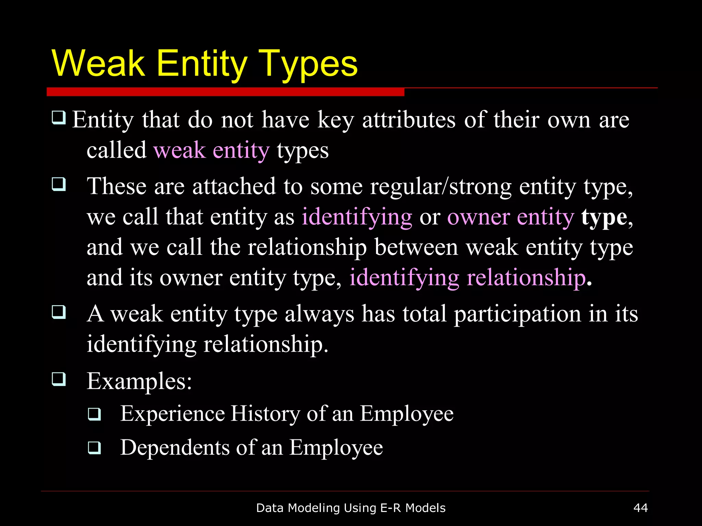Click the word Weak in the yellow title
(99, 64)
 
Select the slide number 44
(640, 508)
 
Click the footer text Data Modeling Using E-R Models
(351, 508)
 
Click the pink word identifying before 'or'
(357, 217)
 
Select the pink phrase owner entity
(510, 217)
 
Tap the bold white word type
(604, 217)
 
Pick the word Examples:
(139, 381)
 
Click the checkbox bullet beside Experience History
(94, 414)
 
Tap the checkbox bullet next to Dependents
(94, 448)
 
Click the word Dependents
(175, 448)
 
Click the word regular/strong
(440, 187)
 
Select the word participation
(517, 314)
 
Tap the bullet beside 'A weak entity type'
(59, 312)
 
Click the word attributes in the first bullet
(409, 120)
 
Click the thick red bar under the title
(225, 92)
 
